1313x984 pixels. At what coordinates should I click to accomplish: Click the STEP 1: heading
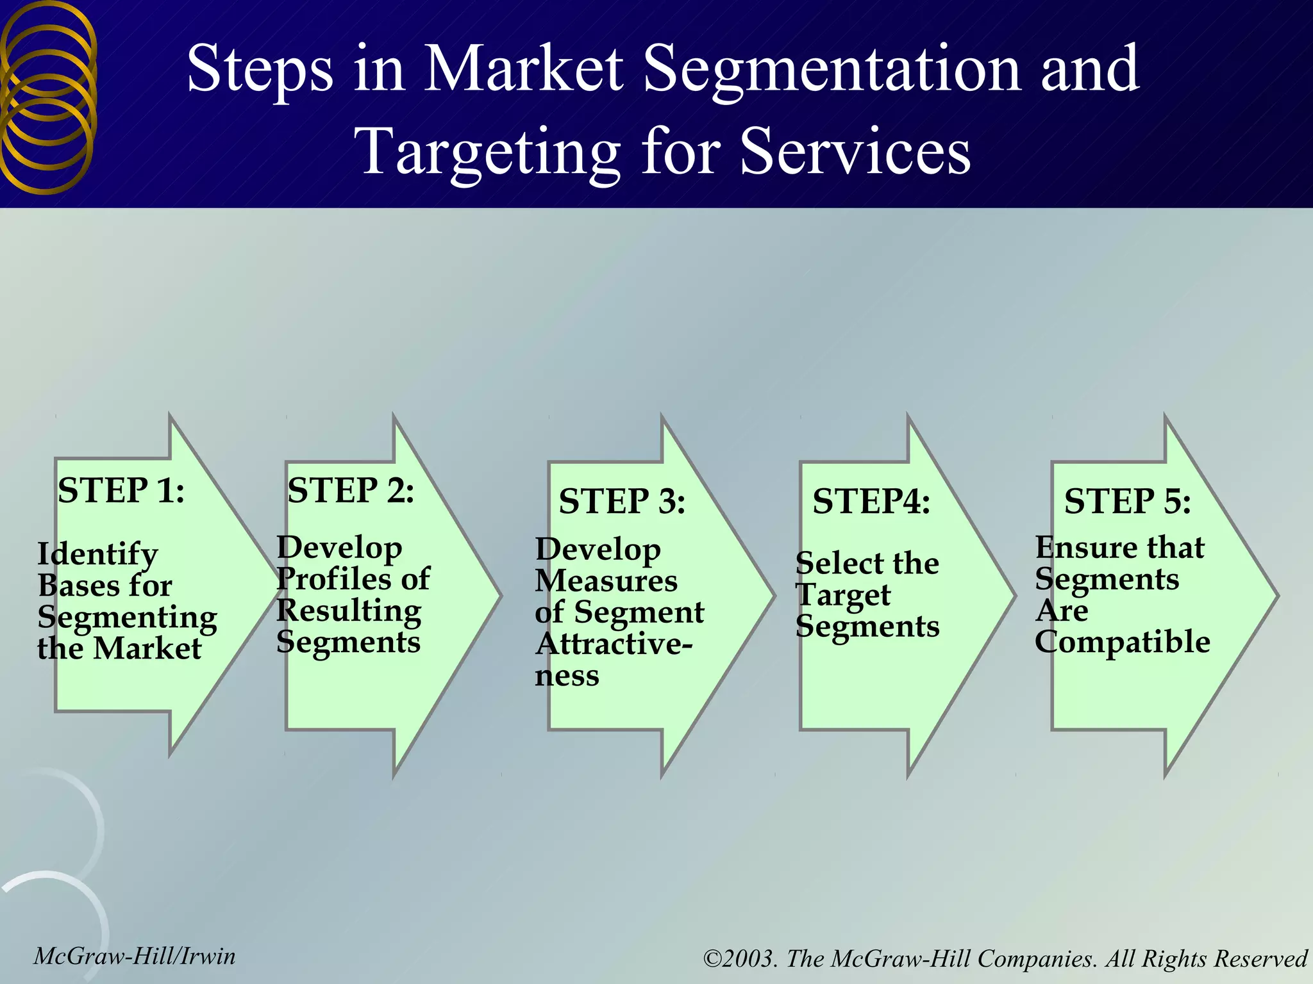121,491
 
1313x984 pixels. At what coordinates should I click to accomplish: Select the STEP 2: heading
351,491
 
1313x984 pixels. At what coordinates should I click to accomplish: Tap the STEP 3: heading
622,501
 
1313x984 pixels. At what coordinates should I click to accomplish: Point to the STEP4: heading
871,501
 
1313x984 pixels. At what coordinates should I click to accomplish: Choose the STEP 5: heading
1128,501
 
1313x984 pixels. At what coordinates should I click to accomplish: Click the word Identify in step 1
97,555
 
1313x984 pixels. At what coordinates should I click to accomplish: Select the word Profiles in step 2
331,579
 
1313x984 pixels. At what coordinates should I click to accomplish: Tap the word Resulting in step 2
349,611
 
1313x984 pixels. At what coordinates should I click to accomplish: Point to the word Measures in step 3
606,581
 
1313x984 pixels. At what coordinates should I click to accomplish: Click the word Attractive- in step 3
614,644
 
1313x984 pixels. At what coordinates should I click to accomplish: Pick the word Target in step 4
843,596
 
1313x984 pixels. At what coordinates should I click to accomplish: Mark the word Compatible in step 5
1123,642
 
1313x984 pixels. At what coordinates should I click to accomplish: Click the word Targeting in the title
487,151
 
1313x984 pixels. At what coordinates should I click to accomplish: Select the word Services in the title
855,151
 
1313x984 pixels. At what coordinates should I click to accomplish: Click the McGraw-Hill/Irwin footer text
135,956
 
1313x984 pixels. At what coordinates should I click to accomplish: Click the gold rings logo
48,96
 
